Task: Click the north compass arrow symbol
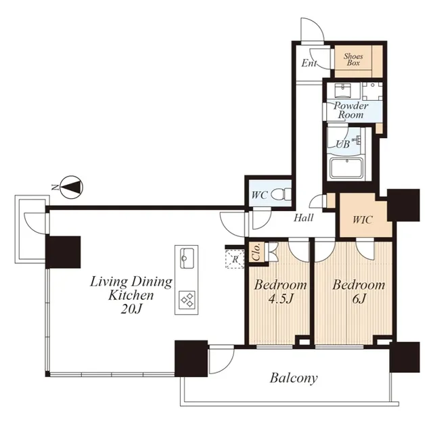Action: pos(72,187)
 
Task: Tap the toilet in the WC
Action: pos(281,194)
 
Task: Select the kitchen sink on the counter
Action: pos(187,258)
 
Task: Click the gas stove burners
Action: pos(187,300)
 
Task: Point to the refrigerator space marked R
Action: pos(235,259)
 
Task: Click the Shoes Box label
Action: pos(353,60)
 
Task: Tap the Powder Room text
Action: pos(350,110)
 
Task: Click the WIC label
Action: pos(363,220)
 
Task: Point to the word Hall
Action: pos(304,218)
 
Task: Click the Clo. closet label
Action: pos(256,252)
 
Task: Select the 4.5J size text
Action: pos(281,299)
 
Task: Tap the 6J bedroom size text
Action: pos(359,298)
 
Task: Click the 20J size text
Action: pos(131,309)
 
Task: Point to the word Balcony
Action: pos(294,378)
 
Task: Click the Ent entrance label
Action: pos(309,63)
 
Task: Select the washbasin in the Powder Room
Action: pos(342,90)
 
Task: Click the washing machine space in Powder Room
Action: pos(373,91)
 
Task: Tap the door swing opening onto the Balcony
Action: pos(221,360)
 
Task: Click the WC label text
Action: pos(259,196)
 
